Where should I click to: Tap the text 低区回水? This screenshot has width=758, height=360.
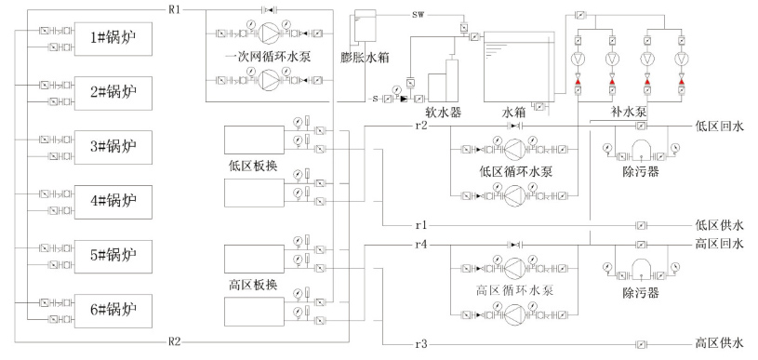click(719, 126)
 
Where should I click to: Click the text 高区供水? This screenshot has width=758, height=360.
click(719, 344)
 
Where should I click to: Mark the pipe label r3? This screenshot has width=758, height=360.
click(420, 344)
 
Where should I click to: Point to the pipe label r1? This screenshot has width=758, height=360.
click(420, 225)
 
